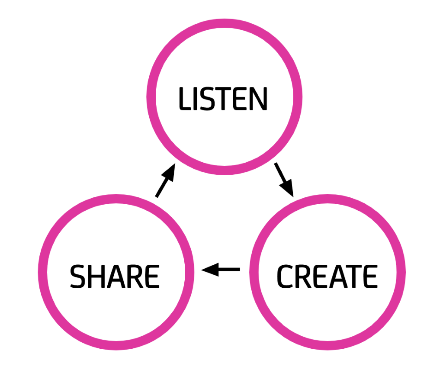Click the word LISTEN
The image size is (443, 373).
point(223,99)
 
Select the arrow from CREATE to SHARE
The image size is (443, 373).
point(221,270)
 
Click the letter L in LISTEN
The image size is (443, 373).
point(184,99)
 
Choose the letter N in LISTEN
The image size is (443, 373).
point(259,99)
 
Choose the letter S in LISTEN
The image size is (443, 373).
point(208,99)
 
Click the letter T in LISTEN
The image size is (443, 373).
point(224,99)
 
